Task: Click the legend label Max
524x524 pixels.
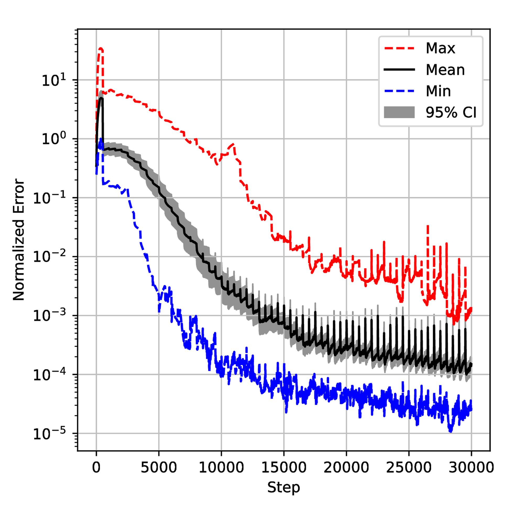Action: click(440, 48)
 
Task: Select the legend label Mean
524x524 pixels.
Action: click(445, 70)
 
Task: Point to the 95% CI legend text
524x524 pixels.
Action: click(451, 112)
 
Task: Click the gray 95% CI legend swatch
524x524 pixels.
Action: click(399, 112)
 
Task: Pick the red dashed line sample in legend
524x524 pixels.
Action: click(399, 48)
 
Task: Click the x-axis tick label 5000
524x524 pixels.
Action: click(159, 467)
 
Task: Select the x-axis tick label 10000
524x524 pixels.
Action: click(221, 467)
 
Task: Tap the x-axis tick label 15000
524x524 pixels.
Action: click(284, 467)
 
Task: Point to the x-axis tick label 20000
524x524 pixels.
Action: click(346, 467)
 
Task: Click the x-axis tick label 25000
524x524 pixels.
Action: click(408, 467)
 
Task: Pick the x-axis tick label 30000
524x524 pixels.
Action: click(471, 467)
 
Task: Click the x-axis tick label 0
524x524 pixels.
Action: click(96, 467)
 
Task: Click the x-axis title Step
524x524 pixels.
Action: click(284, 487)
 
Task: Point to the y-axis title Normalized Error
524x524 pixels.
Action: click(19, 239)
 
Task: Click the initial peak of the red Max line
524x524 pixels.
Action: click(101, 49)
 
